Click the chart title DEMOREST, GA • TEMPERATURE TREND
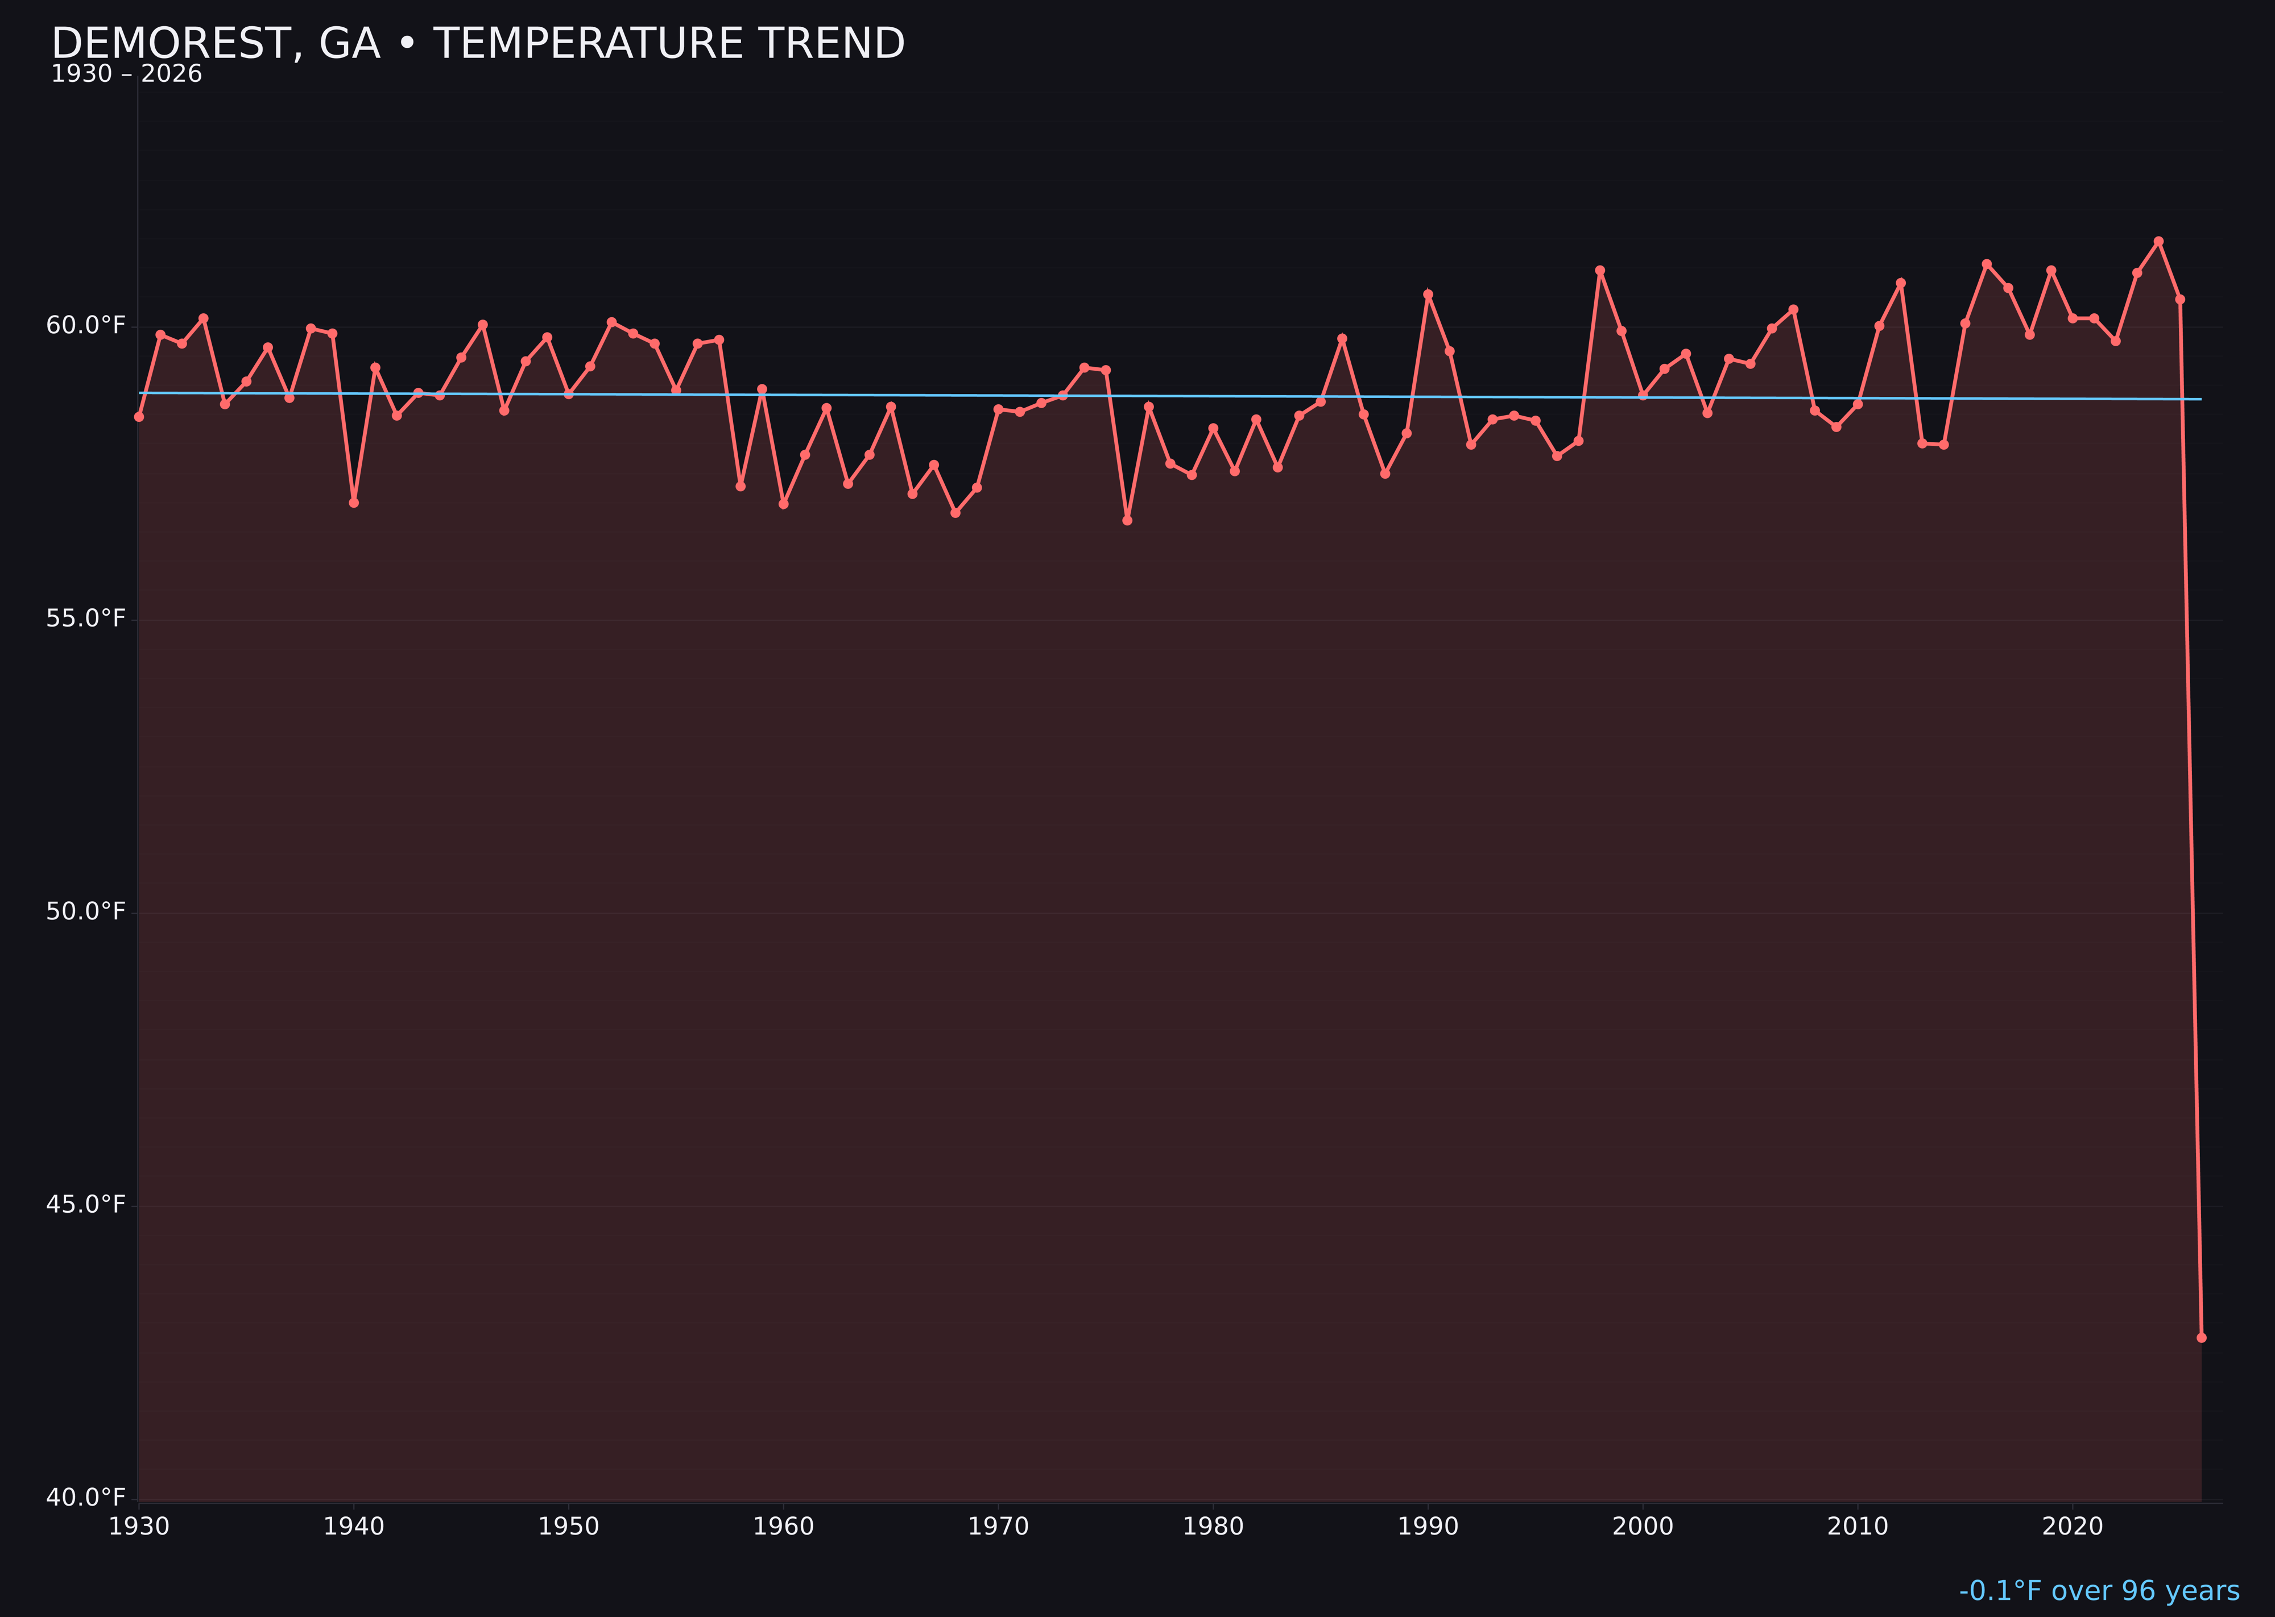[x=478, y=44]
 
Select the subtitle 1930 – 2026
[x=126, y=74]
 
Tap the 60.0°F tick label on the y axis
[x=86, y=326]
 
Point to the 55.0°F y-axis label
[x=86, y=619]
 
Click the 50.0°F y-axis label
[x=86, y=911]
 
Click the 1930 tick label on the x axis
[x=138, y=1527]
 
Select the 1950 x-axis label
[x=569, y=1527]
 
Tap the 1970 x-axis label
[x=998, y=1527]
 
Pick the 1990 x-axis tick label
[x=1428, y=1527]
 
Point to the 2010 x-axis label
[x=1858, y=1527]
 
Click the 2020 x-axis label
[x=2073, y=1527]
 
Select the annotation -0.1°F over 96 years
[x=2099, y=1591]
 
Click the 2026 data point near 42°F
[x=2201, y=1337]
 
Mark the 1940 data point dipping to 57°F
[x=354, y=503]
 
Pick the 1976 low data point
[x=1127, y=520]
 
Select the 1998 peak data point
[x=1600, y=271]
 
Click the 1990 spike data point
[x=1428, y=295]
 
